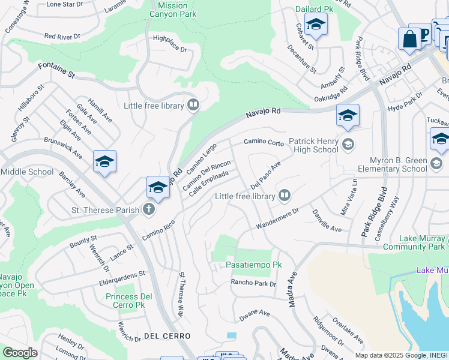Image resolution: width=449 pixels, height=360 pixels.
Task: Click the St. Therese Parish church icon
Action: (x=149, y=209)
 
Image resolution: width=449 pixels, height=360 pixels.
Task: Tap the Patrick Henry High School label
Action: (x=313, y=146)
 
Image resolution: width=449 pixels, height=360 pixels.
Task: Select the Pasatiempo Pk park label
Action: (x=253, y=265)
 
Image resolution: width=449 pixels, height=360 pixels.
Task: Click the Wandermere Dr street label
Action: (x=277, y=218)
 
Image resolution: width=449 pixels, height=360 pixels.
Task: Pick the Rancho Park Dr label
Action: (x=253, y=283)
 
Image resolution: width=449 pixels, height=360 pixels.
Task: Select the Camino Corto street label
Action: (x=263, y=143)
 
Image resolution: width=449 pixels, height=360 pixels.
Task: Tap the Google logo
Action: (x=20, y=353)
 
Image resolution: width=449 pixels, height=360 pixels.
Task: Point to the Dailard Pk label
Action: (x=314, y=10)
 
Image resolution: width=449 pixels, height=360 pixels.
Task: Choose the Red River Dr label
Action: (x=62, y=37)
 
